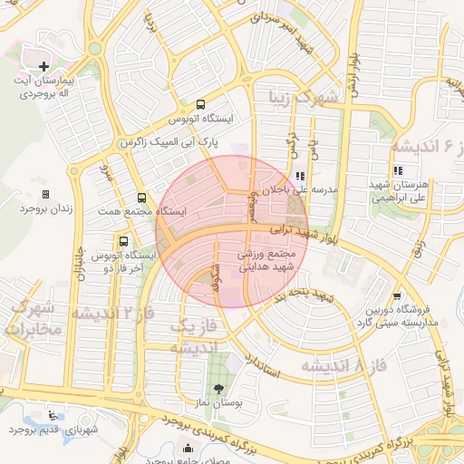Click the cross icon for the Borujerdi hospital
(43, 66)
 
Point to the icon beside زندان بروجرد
(45, 194)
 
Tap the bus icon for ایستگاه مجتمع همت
(141, 198)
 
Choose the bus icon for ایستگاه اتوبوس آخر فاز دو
(123, 241)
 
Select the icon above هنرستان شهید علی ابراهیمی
(396, 169)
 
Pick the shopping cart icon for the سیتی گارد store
(396, 295)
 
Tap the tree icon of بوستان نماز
(217, 387)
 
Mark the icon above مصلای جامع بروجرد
(187, 447)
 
